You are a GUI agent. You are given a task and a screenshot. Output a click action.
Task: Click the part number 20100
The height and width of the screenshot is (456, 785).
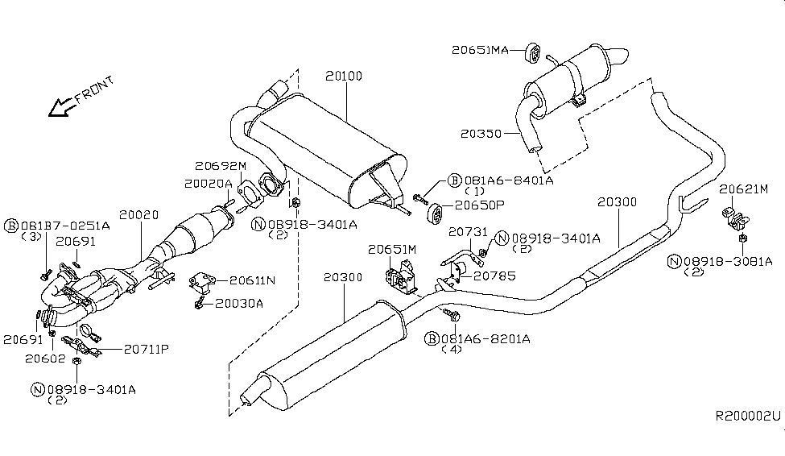coord(344,77)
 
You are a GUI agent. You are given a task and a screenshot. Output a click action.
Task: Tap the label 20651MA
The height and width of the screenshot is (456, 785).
coord(479,50)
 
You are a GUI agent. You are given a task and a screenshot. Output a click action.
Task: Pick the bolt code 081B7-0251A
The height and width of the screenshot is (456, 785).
coord(64,225)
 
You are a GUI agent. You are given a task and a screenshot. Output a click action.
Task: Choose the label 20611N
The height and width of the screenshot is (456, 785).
coord(252,280)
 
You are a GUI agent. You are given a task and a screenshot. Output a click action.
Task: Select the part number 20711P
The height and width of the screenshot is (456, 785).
coord(147,350)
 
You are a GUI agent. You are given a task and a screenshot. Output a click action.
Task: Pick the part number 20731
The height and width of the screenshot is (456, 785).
coord(468,231)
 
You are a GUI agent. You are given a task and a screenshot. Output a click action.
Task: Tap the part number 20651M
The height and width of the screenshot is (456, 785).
coord(392,250)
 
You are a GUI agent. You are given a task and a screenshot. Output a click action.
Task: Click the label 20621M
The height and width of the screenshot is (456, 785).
coord(744,189)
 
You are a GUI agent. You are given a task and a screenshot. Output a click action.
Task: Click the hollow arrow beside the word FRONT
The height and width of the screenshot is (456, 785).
coord(60,106)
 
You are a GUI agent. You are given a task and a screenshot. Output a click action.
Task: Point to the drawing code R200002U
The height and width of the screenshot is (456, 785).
coord(749,417)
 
